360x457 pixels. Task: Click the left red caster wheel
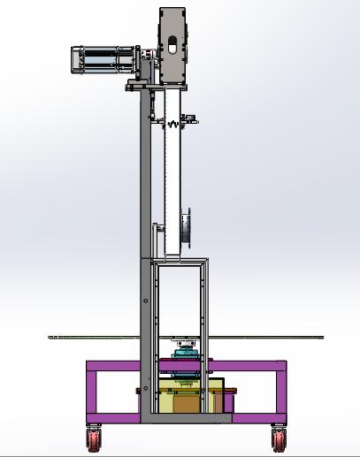(x=94, y=438)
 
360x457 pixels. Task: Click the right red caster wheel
(x=280, y=438)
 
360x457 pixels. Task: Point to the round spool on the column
(x=186, y=226)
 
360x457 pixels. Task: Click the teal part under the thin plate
(x=186, y=354)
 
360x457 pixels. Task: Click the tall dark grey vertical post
(x=142, y=221)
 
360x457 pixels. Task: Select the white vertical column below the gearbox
(x=172, y=177)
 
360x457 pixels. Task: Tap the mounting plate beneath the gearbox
(x=155, y=85)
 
